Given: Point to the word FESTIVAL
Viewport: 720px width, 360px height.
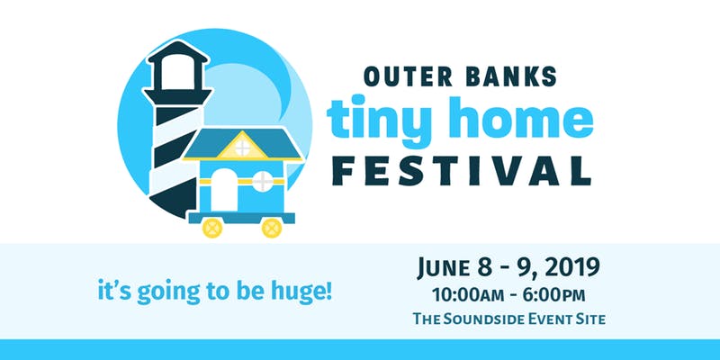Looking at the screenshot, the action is pyautogui.click(x=462, y=171).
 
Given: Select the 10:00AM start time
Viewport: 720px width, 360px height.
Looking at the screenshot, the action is pyautogui.click(x=465, y=295).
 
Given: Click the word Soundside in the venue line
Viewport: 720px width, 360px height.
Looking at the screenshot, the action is pyautogui.click(x=491, y=319).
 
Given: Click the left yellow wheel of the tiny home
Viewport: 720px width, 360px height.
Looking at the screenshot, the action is pyautogui.click(x=212, y=228).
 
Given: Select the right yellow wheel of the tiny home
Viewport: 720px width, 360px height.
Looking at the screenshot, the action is pyautogui.click(x=272, y=228).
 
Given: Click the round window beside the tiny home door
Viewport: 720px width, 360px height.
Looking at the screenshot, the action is pyautogui.click(x=263, y=181).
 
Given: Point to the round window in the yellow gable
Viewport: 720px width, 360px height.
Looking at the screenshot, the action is pyautogui.click(x=242, y=148).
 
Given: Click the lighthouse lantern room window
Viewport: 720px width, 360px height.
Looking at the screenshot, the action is pyautogui.click(x=177, y=73).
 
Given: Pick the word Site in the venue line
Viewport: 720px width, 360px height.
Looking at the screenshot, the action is pyautogui.click(x=589, y=319).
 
